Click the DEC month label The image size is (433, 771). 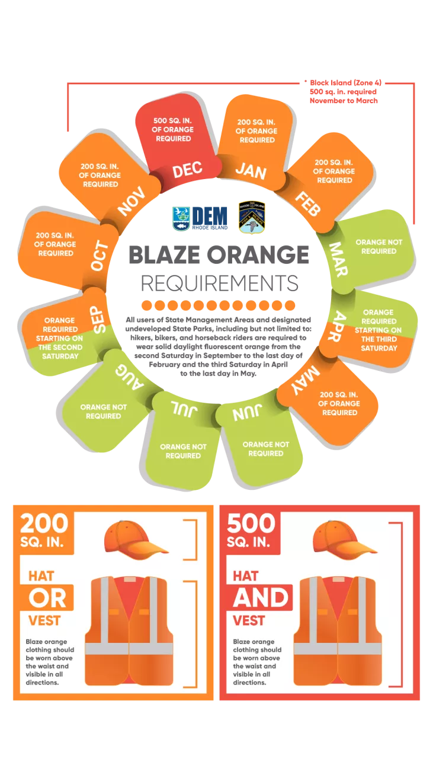pyautogui.click(x=187, y=170)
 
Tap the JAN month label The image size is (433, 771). pyautogui.click(x=251, y=171)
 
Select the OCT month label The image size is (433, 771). pyautogui.click(x=100, y=256)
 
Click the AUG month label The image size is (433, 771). pyautogui.click(x=130, y=377)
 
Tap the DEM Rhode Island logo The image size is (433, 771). pyautogui.click(x=200, y=218)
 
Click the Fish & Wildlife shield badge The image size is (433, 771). pyautogui.click(x=252, y=217)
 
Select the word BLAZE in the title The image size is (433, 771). pyautogui.click(x=164, y=254)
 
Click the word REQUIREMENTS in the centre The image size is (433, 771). pyautogui.click(x=220, y=283)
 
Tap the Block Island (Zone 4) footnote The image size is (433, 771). pyautogui.click(x=344, y=91)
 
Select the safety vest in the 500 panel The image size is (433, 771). pyautogui.click(x=338, y=631)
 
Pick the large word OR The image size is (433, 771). pyautogui.click(x=47, y=598)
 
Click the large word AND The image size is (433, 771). pyautogui.click(x=261, y=598)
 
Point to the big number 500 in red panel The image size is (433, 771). pyautogui.click(x=251, y=523)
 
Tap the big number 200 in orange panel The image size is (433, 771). pyautogui.click(x=44, y=523)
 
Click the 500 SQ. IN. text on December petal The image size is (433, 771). pyautogui.click(x=173, y=129)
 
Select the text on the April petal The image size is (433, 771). pyautogui.click(x=379, y=330)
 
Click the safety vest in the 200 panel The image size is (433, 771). pyautogui.click(x=129, y=631)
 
